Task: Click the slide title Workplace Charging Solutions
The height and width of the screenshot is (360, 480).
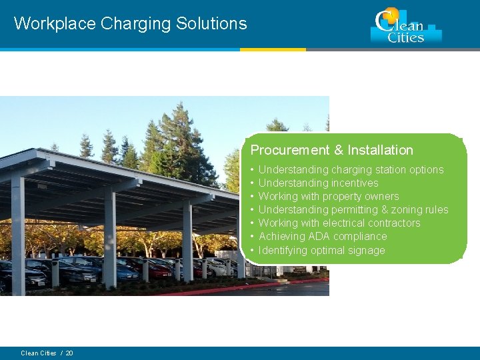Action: (x=130, y=23)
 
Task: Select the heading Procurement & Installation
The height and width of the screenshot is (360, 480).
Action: (x=331, y=150)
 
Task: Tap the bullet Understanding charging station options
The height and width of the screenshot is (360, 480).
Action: (x=351, y=169)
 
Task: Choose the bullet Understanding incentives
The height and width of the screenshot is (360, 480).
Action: (x=318, y=183)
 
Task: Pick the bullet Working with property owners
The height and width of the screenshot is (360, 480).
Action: (x=329, y=196)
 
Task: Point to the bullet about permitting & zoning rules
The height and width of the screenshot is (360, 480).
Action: (x=353, y=209)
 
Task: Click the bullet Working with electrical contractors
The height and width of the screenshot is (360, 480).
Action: (x=339, y=223)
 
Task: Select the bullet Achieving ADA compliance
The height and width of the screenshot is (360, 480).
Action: (x=323, y=236)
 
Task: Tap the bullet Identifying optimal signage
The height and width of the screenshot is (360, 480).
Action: (x=321, y=250)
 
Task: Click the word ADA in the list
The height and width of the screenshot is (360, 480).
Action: (x=315, y=236)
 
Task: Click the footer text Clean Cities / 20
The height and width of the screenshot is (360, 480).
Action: (x=47, y=353)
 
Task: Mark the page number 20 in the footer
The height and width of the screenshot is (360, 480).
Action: (x=69, y=353)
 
